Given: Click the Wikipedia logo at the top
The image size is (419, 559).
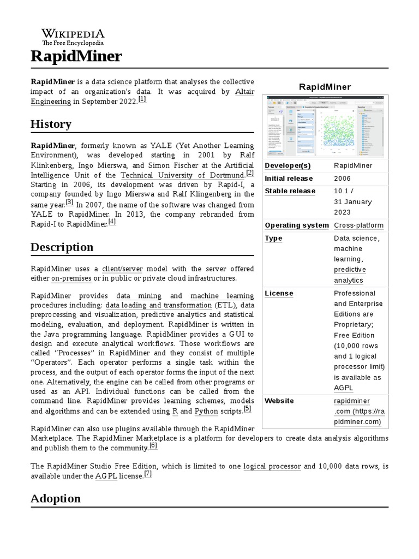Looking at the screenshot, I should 73,37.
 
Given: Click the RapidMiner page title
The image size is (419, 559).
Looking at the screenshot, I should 76,56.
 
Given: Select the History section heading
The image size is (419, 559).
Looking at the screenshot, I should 51,124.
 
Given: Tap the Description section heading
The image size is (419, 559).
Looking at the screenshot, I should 62,247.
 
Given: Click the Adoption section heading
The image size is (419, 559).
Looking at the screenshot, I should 55,498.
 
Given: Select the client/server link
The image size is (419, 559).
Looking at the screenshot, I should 122,269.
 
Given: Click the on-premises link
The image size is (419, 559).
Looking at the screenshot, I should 71,278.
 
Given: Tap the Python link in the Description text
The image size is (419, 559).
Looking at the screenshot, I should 206,411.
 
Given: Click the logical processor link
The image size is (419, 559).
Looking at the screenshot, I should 272,466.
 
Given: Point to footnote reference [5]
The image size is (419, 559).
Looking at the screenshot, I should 247,408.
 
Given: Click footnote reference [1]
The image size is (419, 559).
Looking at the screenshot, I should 142,99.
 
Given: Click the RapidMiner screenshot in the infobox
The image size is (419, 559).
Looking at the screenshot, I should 325,126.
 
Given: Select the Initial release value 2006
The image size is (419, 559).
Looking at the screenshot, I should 342,179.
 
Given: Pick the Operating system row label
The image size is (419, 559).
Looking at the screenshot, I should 296,225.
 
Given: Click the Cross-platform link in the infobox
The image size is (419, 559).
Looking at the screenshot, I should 358,225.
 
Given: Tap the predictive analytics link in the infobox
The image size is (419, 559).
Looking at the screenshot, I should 349,275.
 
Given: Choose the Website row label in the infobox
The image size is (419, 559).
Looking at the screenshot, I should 279,401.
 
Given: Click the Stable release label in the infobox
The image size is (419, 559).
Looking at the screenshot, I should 290,191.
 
